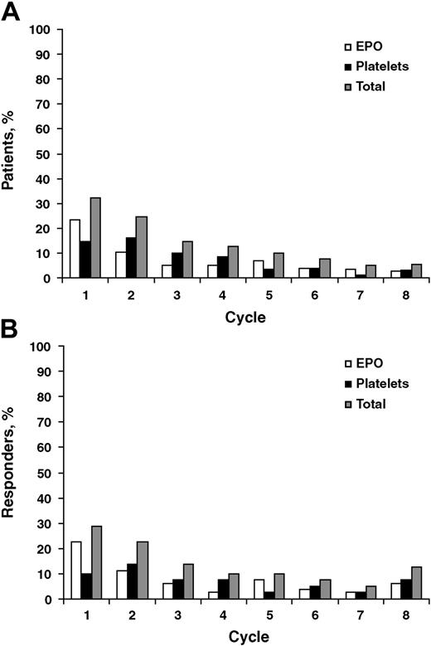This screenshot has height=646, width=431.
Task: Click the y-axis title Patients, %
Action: [9, 151]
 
